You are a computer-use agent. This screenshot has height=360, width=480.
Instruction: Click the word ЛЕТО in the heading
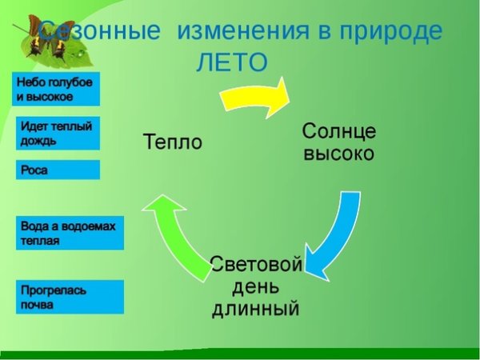pos(232,62)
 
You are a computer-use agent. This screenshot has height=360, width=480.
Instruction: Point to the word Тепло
pos(172,142)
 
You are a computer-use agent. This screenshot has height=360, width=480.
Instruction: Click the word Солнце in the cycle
pos(338,130)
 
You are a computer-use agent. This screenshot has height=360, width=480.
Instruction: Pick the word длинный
pos(256,308)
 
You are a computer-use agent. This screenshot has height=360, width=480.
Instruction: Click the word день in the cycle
pos(256,286)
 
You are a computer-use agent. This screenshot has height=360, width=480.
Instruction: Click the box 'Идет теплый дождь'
pos(58,133)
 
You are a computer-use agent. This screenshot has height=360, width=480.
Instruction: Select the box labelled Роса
pos(58,170)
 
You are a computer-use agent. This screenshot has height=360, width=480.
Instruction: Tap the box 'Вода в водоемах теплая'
pos(70,233)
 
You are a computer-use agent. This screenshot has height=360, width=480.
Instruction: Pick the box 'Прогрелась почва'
pos(70,297)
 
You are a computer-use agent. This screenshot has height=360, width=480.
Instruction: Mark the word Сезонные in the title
pos(100,32)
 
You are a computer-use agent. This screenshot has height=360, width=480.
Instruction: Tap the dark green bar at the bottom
pos(240,354)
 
